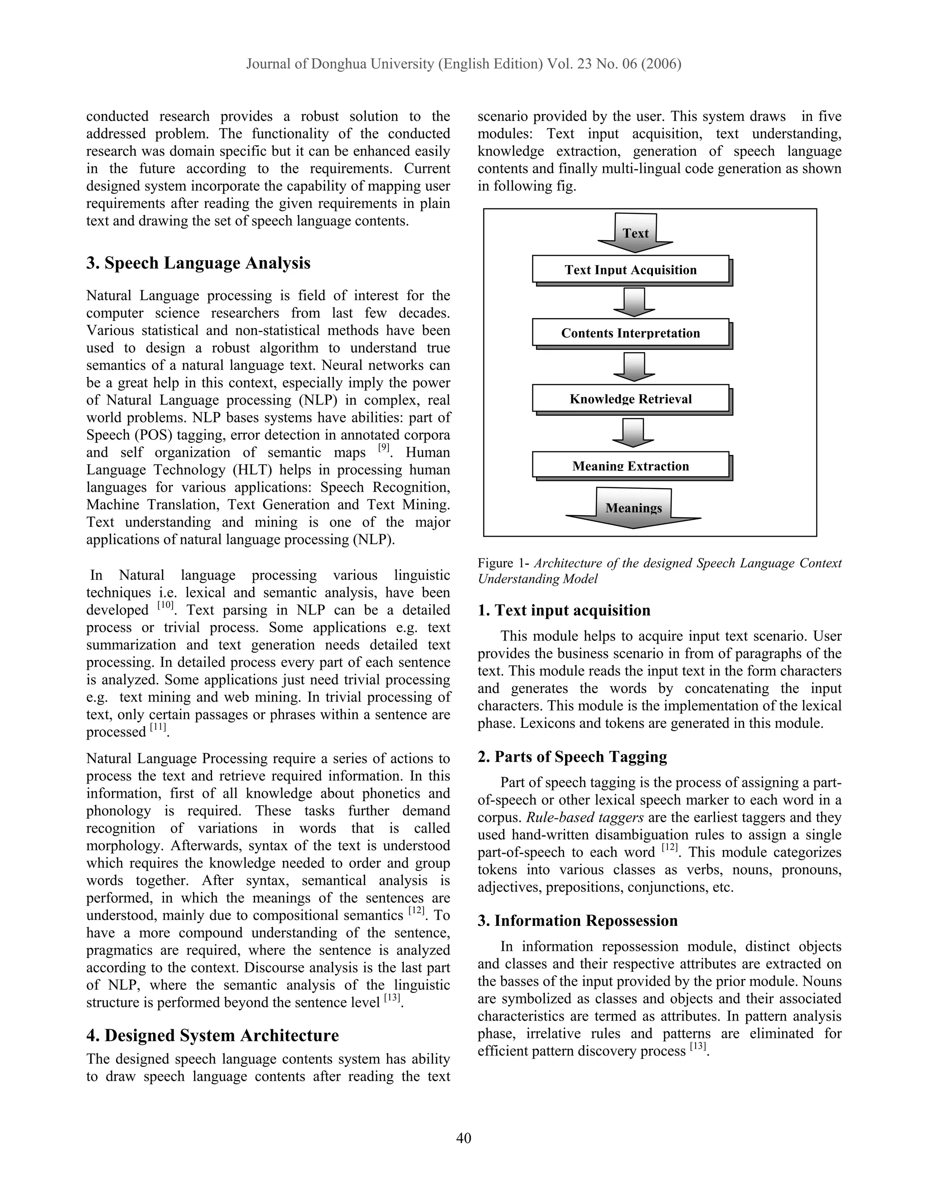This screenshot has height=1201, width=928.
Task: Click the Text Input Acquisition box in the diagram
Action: [631, 270]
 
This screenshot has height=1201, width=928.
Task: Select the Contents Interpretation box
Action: [631, 333]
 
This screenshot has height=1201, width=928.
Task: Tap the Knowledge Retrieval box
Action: [631, 399]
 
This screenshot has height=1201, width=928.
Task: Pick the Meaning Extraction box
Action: [631, 465]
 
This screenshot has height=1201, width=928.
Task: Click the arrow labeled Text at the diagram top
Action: [636, 232]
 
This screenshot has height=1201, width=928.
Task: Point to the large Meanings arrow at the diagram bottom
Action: [633, 508]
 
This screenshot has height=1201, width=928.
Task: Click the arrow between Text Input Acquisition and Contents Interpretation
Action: [634, 302]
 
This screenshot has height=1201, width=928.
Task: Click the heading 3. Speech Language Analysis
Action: [198, 263]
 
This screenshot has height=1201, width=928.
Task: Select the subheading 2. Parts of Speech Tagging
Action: [572, 757]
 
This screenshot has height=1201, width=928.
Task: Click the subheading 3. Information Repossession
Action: [577, 920]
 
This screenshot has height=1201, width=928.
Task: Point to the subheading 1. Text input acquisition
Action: [564, 610]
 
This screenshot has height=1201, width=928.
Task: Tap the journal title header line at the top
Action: [464, 64]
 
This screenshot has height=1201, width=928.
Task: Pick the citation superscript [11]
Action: [158, 727]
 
